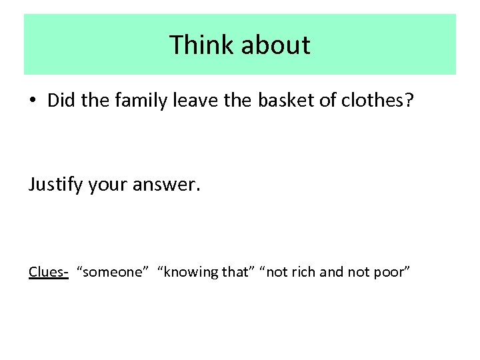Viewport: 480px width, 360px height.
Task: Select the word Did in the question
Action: tap(61, 100)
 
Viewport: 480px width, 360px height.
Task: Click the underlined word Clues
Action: tap(47, 271)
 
